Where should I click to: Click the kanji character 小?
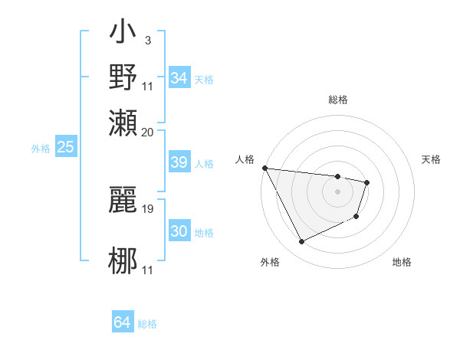(x=123, y=35)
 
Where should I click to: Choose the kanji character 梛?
(x=123, y=259)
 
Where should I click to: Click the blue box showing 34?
(x=179, y=78)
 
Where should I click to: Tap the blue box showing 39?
(x=179, y=162)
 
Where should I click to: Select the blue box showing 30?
(x=179, y=231)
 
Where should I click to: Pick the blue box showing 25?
(x=66, y=147)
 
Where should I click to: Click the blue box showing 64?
(x=123, y=322)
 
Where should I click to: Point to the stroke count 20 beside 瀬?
(x=148, y=132)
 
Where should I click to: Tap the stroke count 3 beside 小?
(x=147, y=40)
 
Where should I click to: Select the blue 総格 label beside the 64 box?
(x=148, y=324)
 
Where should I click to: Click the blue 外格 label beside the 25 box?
(x=41, y=149)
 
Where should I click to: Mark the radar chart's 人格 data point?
(x=264, y=168)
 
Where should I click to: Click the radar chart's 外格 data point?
(x=301, y=242)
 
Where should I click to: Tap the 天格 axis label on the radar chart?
(x=432, y=159)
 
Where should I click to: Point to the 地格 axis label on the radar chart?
(x=402, y=262)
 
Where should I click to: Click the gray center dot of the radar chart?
(x=337, y=191)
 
